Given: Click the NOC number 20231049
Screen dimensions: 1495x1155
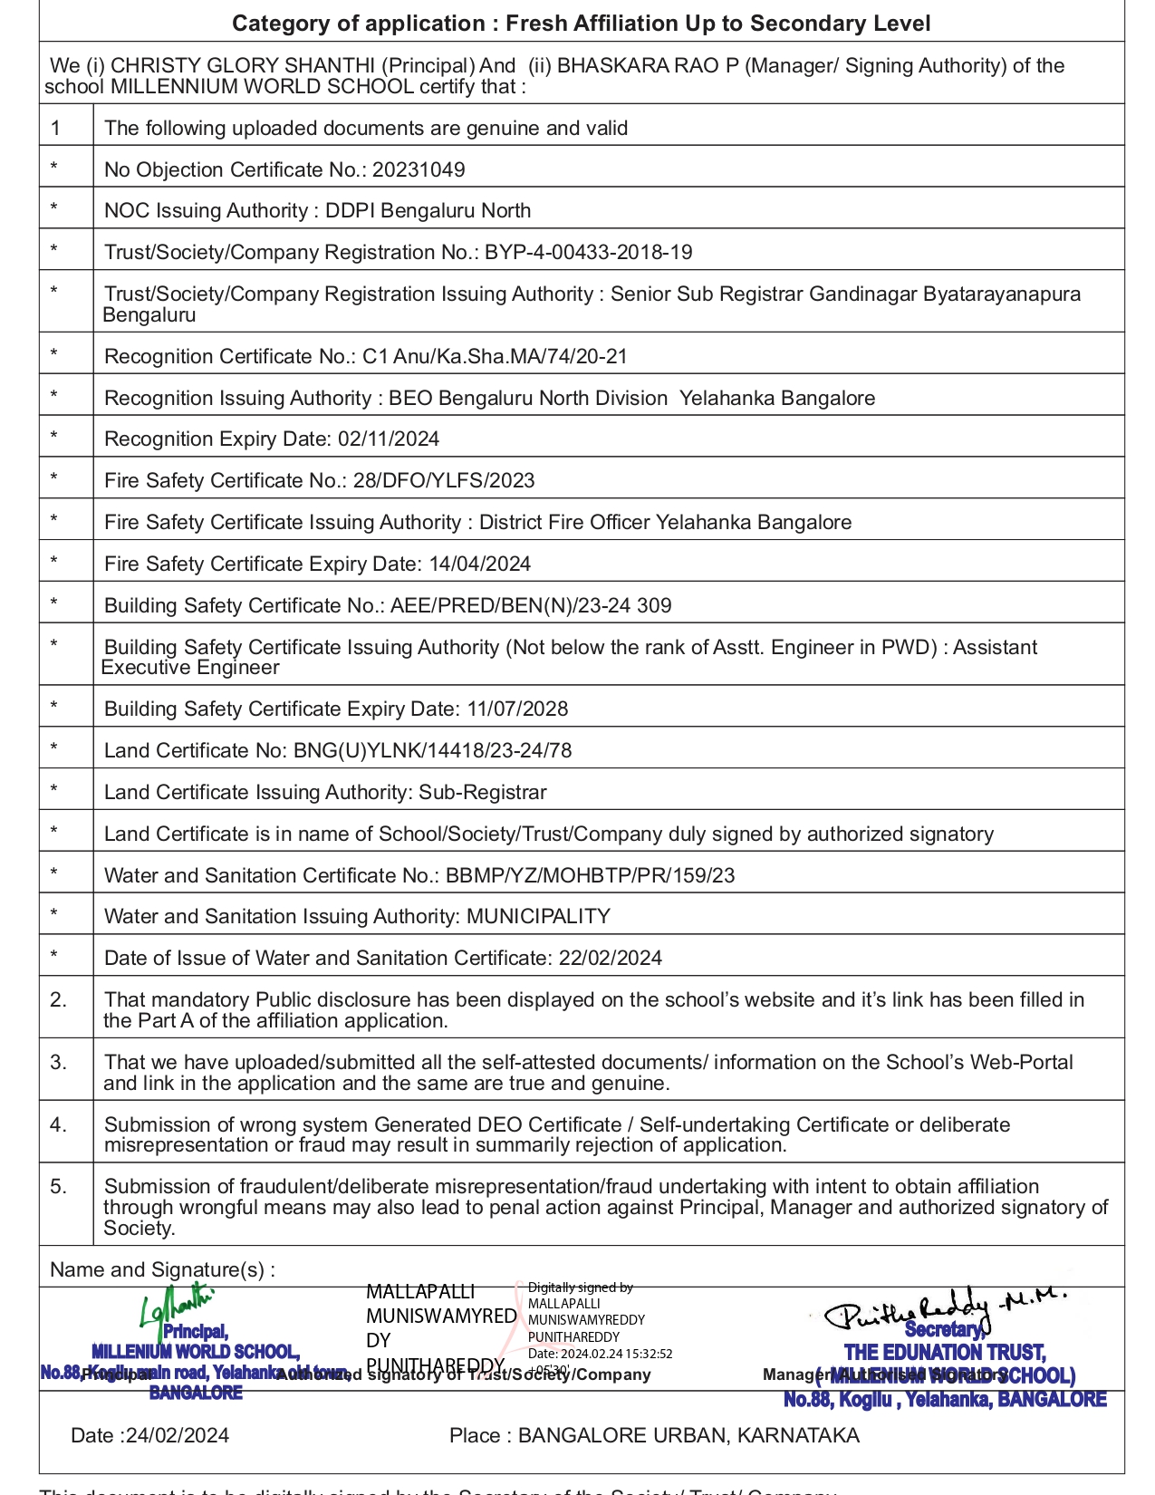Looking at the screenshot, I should (419, 169).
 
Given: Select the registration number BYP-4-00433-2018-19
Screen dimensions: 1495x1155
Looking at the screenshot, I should (589, 252).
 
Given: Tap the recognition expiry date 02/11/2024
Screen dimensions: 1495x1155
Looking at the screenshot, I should (389, 439).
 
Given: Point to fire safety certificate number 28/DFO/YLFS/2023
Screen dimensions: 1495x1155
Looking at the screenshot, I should (444, 480).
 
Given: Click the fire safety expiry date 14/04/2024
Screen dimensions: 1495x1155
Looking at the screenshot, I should (480, 564).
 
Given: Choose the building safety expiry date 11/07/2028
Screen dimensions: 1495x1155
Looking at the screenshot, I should (517, 709).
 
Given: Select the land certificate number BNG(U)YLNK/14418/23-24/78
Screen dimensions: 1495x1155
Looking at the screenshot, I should (433, 750).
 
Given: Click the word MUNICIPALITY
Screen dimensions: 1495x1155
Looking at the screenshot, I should (538, 916).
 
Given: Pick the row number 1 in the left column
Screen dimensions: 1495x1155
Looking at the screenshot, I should (56, 128).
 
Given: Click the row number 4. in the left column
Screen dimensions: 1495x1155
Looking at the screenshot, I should (59, 1124).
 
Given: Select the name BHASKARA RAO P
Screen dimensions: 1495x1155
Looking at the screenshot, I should (648, 65).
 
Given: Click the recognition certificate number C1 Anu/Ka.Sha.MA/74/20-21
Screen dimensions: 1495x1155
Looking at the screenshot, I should (495, 356).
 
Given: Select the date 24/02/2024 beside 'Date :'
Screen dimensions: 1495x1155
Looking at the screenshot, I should (178, 1435).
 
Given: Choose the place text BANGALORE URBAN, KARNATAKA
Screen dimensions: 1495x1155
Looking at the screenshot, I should (688, 1435).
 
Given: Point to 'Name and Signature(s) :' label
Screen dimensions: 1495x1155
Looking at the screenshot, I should (163, 1269).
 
